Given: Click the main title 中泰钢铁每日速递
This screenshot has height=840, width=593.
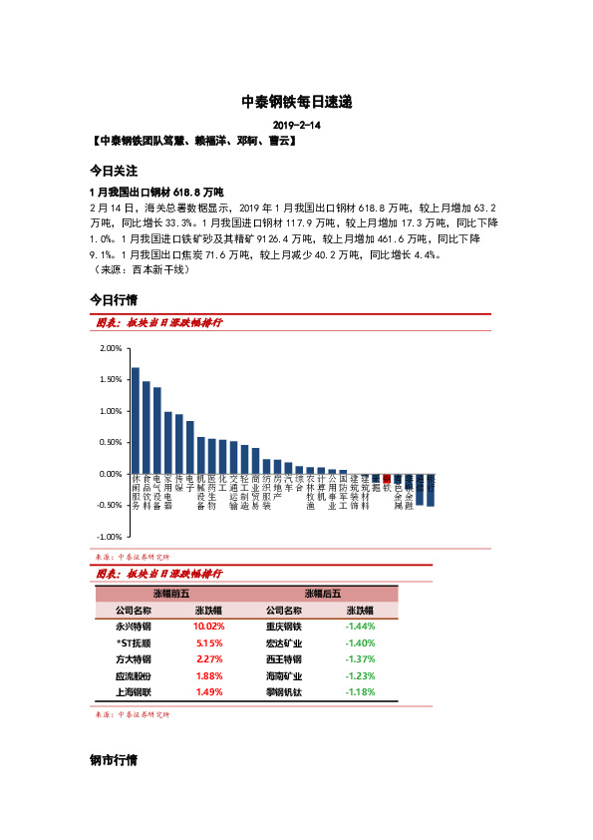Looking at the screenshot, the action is (x=296, y=102).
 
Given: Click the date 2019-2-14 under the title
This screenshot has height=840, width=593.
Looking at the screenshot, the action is (x=296, y=126).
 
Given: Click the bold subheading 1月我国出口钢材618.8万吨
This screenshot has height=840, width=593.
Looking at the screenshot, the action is (x=157, y=191).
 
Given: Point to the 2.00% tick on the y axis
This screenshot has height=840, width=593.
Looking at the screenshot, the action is (x=111, y=348).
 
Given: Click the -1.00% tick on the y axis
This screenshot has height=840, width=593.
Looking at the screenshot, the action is (x=110, y=537).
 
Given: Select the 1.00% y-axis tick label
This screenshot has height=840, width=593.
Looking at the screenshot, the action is (x=111, y=411).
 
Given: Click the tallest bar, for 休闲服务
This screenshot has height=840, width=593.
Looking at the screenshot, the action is (x=136, y=420).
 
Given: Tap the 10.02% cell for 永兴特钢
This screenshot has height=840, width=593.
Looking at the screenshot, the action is (x=209, y=627).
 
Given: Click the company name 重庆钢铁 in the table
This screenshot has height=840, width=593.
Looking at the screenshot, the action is (x=284, y=627).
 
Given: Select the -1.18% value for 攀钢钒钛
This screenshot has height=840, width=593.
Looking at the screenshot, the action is (x=359, y=692).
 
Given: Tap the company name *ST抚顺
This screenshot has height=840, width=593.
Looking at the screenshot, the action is (x=134, y=643).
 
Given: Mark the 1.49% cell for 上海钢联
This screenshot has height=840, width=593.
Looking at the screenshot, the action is (x=209, y=692).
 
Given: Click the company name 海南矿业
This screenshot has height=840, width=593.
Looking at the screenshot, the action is (x=284, y=676).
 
